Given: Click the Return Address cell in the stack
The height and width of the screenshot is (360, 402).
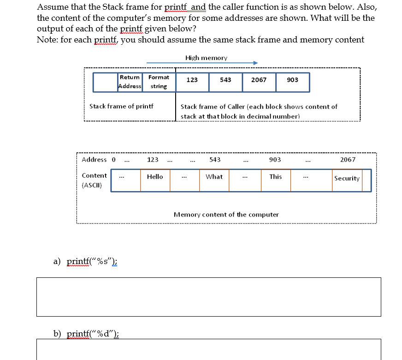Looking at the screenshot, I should click(x=130, y=82).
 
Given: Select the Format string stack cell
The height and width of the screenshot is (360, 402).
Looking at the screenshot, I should click(x=159, y=82).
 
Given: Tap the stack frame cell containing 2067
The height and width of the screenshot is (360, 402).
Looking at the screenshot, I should click(x=259, y=80).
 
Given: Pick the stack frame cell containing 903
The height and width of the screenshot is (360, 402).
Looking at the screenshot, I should click(x=292, y=80).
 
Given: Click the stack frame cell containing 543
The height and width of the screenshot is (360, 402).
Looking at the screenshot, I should click(x=225, y=80).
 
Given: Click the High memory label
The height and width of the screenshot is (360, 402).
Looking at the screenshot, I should click(x=206, y=58).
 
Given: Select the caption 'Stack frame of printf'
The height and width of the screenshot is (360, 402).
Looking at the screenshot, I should click(x=121, y=106).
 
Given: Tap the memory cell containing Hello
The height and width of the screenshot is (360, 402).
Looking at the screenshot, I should click(x=155, y=180).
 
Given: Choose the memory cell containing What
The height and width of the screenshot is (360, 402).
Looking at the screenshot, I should click(x=214, y=180).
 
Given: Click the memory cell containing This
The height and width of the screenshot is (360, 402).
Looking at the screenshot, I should click(x=276, y=180).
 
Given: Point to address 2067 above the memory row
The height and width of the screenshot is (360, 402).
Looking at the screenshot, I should click(x=348, y=160).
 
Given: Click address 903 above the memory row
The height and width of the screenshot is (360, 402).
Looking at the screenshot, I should click(x=275, y=160).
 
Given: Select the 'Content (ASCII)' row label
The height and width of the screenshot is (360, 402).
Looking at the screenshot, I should click(x=94, y=180).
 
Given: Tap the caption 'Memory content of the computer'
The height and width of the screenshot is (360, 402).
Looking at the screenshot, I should click(x=226, y=215).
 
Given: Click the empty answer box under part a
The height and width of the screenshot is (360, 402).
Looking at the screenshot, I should click(x=208, y=297).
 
